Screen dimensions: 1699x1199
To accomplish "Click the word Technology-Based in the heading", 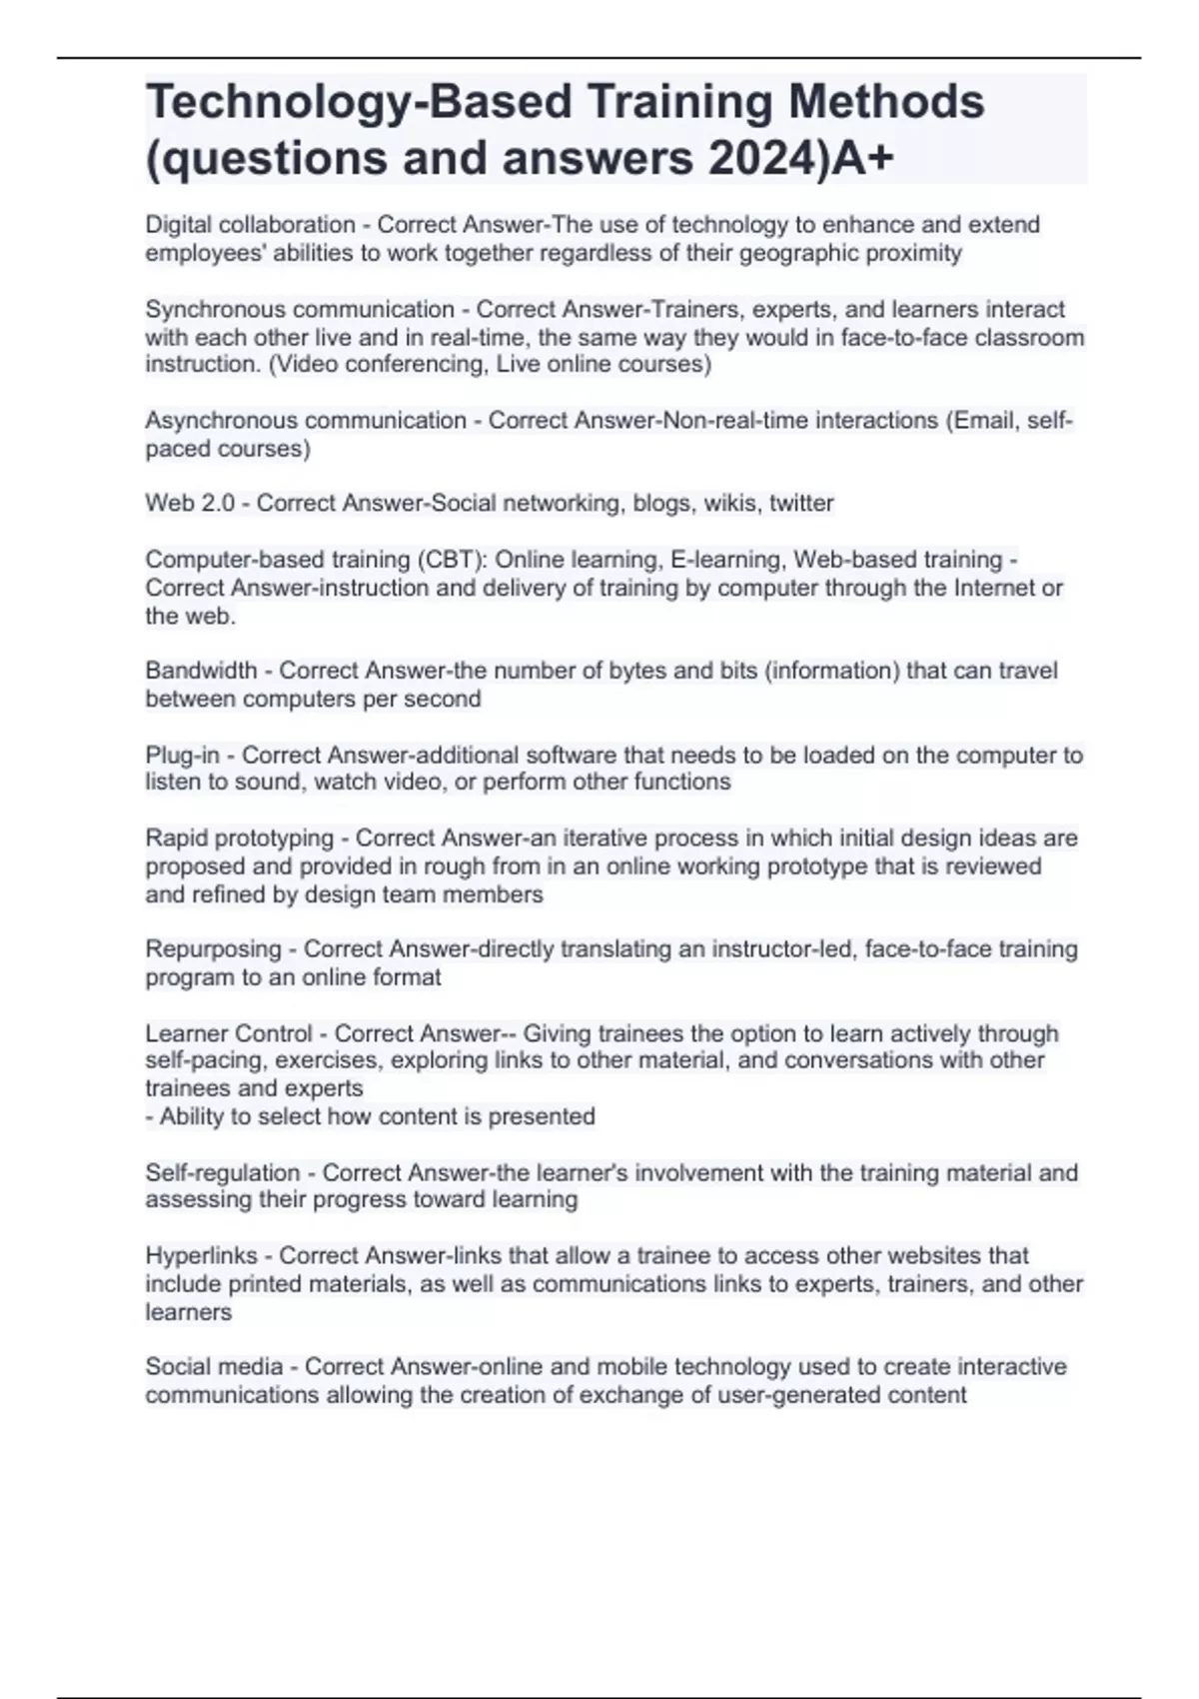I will (358, 102).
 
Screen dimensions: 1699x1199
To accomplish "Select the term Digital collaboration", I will (250, 225).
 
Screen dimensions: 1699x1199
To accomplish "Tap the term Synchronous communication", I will (300, 310).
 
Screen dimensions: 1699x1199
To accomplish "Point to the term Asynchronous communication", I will (306, 421).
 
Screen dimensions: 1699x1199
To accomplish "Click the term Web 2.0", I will (190, 503).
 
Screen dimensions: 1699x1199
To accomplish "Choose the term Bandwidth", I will (201, 671).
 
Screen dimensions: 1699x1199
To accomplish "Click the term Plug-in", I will (182, 755).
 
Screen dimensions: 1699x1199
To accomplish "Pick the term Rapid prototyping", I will (240, 838).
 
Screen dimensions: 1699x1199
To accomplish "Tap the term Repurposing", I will (213, 948).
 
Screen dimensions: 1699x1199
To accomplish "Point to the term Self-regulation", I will (222, 1172).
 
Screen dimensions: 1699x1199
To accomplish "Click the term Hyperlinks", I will (201, 1255).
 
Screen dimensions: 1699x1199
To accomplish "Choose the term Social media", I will (214, 1366).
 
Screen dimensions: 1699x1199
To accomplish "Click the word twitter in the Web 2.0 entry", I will (801, 503).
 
